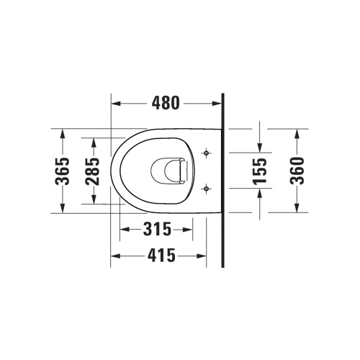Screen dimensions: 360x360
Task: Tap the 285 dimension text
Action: [92, 171]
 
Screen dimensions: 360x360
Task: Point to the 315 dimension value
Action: [156, 230]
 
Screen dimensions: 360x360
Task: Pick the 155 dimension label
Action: [260, 172]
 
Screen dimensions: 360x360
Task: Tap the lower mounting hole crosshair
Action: [207, 189]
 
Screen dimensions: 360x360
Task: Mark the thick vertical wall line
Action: [223, 180]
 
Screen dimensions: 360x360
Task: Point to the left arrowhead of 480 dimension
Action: [115, 104]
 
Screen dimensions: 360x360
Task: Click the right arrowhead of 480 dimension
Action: [219, 104]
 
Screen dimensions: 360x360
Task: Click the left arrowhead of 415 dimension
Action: [113, 256]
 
